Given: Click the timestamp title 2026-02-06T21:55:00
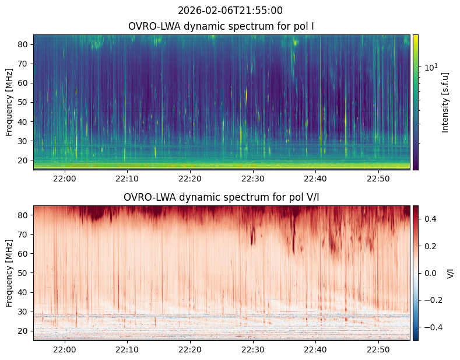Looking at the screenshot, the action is [230, 11].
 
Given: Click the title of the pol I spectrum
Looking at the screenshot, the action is [221, 26].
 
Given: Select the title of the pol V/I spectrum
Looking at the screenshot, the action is [221, 197].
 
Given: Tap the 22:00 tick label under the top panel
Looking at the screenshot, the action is [65, 179].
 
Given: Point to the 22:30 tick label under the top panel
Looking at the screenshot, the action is [253, 179].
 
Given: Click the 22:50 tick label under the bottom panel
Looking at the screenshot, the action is [378, 349].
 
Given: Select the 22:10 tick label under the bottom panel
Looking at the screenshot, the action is [127, 349].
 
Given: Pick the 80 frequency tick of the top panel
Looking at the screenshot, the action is [23, 44].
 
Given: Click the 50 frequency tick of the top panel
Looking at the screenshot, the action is [23, 103].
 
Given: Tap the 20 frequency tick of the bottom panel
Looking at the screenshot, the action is [23, 331].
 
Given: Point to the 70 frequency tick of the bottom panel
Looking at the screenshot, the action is [23, 235].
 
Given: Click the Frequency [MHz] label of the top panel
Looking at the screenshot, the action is [9, 102].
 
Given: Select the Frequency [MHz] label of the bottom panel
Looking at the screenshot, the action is [9, 273].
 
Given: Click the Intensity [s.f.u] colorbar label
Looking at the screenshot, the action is [445, 103].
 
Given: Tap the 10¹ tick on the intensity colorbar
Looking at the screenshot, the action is [431, 67].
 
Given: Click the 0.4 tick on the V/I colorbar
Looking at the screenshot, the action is [430, 219].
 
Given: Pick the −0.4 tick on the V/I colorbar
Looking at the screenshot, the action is [433, 327].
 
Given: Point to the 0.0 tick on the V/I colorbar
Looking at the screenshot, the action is [430, 273].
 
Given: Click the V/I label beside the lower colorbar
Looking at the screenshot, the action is [450, 273].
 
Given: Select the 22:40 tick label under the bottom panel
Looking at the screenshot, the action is [315, 349].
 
